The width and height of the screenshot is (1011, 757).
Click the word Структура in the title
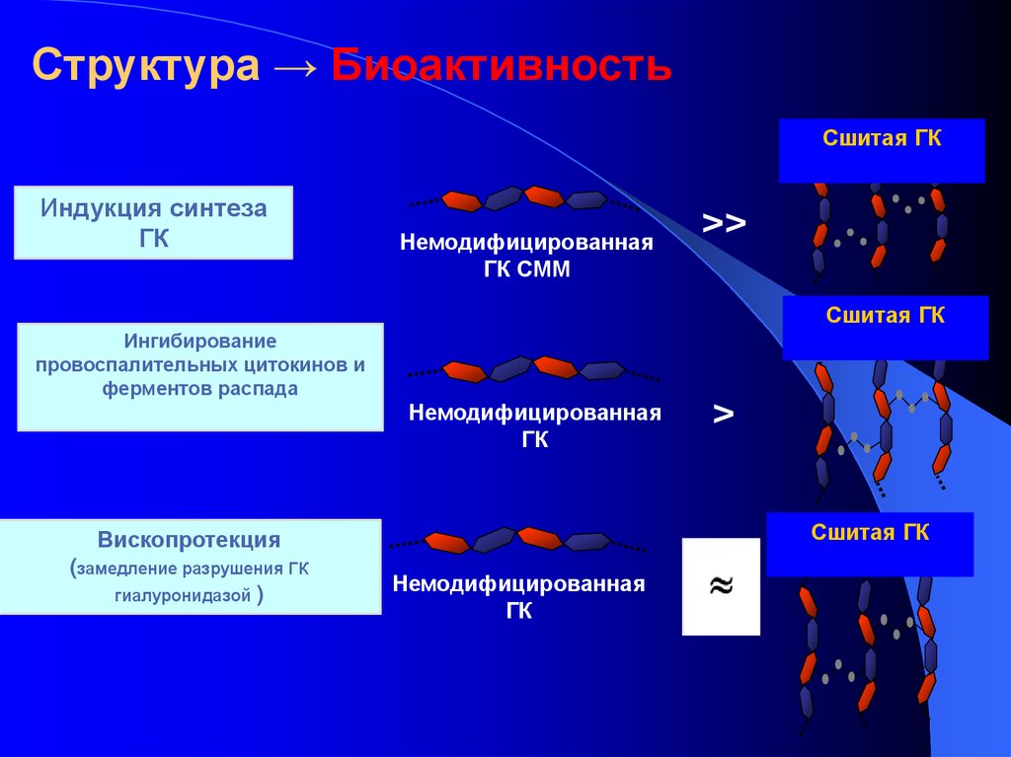click(146, 66)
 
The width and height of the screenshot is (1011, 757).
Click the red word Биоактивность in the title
click(502, 66)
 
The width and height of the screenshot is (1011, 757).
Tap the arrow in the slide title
click(296, 67)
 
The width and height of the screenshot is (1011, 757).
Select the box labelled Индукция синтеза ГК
click(153, 223)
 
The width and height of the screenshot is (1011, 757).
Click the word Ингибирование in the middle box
click(199, 341)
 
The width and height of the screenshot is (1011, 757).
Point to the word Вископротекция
click(189, 541)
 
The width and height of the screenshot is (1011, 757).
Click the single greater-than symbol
click(723, 415)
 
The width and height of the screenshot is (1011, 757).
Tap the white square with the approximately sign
click(721, 586)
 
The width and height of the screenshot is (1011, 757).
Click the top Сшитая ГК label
click(882, 139)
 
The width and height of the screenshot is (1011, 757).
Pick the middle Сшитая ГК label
click(885, 316)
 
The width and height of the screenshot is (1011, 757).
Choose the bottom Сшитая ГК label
click(870, 534)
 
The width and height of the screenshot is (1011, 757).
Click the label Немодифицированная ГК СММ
click(526, 256)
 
